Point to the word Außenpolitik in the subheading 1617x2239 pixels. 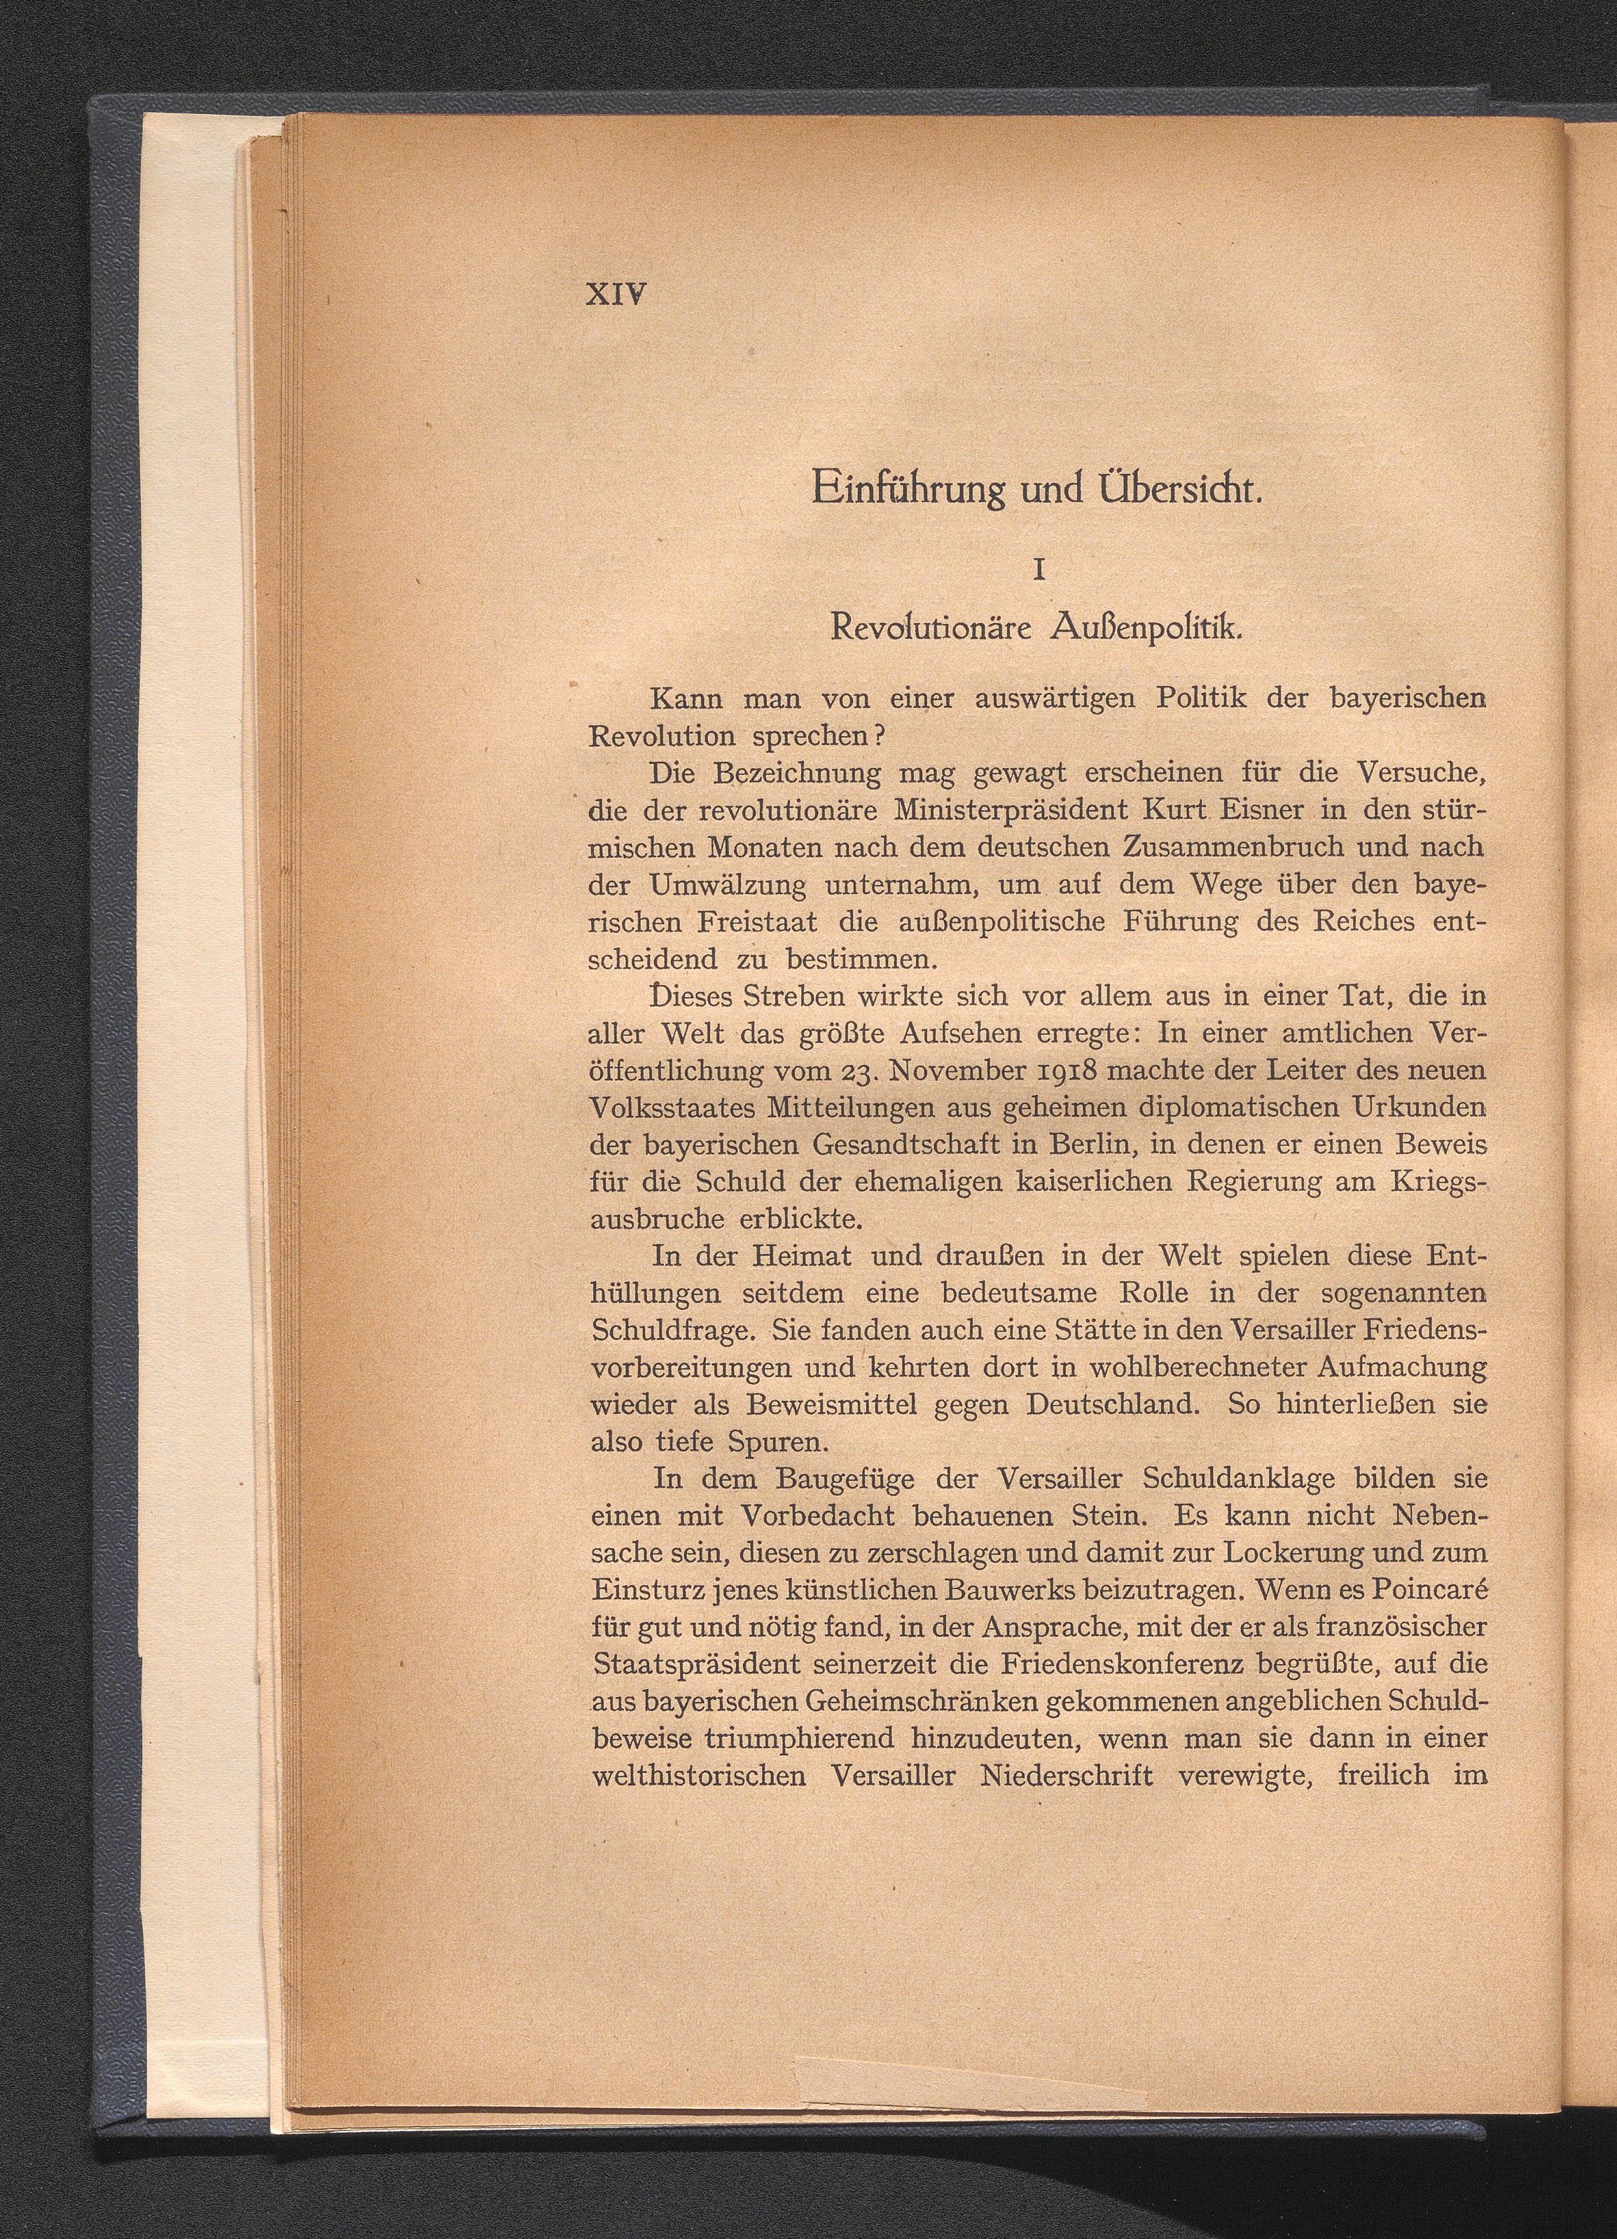1138,628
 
